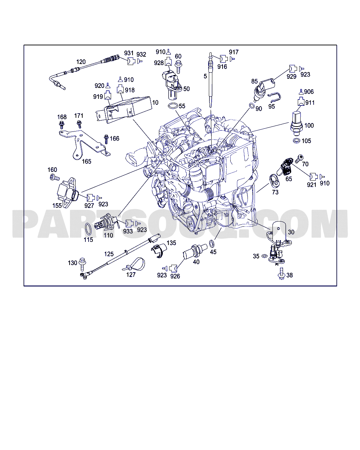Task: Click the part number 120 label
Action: (81, 62)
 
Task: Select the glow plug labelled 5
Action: (211, 81)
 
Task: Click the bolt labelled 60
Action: (178, 65)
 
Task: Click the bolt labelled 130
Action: (83, 262)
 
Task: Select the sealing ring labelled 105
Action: (296, 141)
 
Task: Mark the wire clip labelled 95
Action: (275, 96)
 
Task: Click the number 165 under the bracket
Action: (86, 161)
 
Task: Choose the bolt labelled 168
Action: (62, 124)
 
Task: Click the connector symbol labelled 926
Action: (173, 268)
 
